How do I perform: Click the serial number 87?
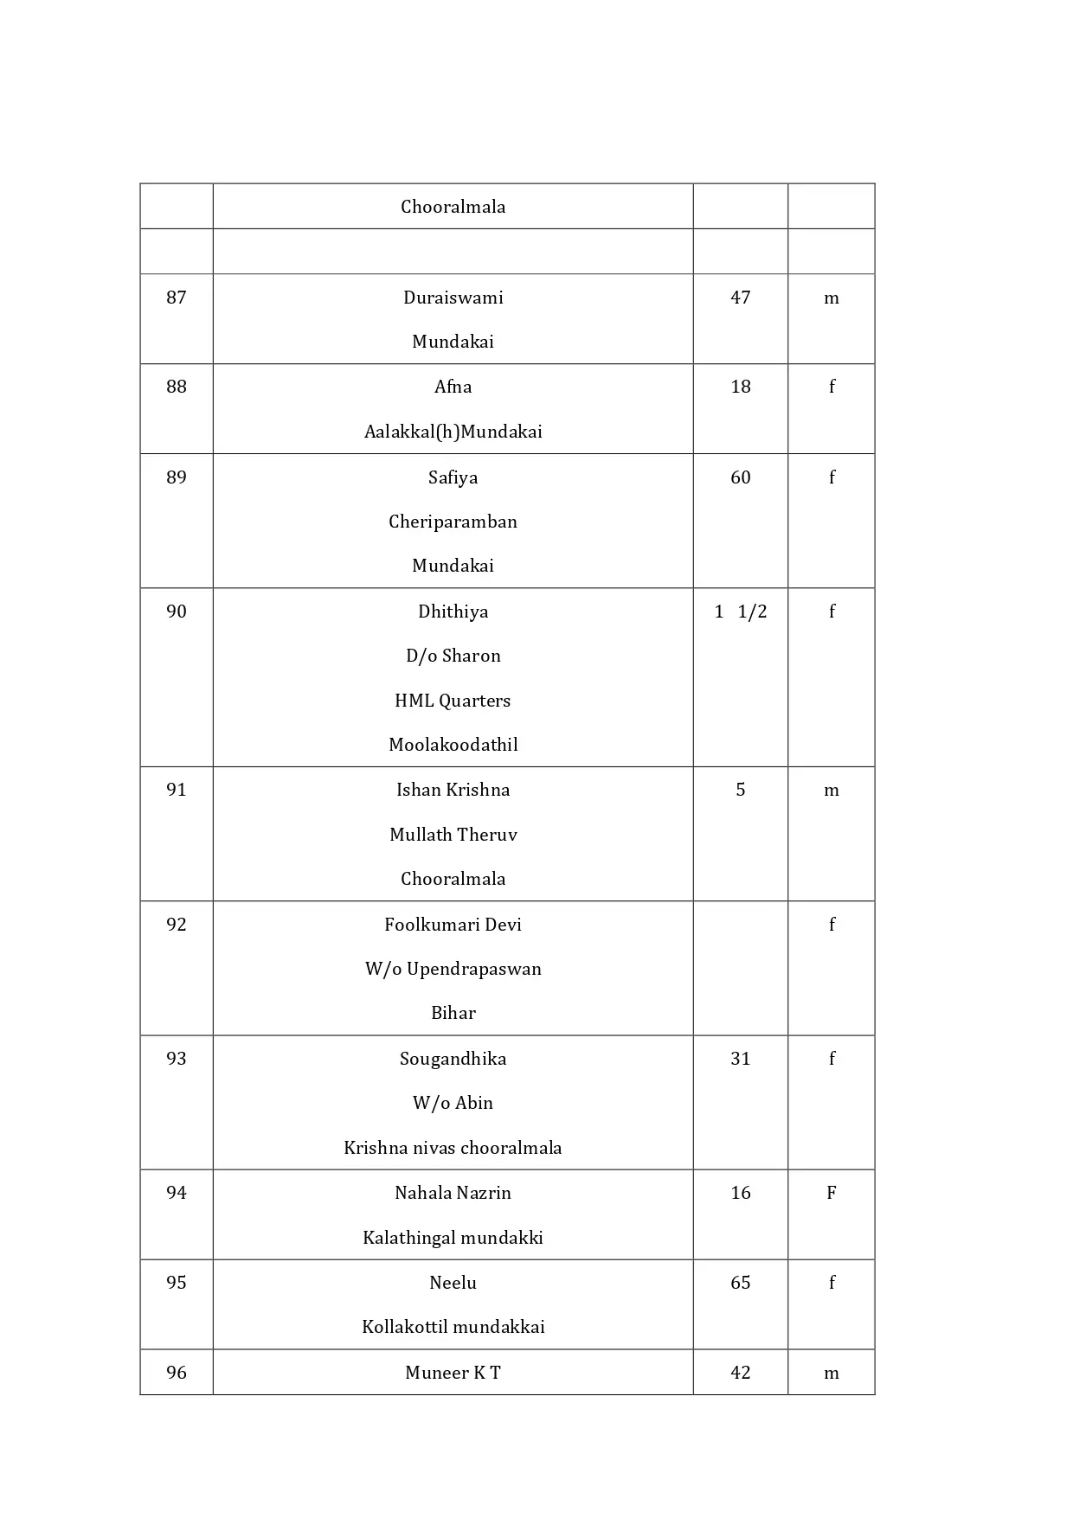tap(176, 298)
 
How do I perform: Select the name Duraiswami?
tap(453, 298)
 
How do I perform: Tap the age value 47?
tap(740, 298)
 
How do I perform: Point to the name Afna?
tap(453, 387)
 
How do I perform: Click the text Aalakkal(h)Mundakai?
tap(453, 432)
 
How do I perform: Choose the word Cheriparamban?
tap(453, 522)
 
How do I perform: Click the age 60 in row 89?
tap(740, 477)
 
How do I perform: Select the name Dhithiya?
tap(453, 612)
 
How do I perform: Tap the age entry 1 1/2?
tap(740, 612)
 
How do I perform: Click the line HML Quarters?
tap(453, 701)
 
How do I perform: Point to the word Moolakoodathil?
tap(453, 745)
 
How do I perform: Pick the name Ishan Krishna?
tap(453, 790)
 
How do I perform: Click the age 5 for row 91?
tap(740, 790)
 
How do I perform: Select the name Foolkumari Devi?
tap(453, 925)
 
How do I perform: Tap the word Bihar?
tap(453, 1013)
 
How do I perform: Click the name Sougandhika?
tap(453, 1059)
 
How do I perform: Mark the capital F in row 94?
tap(831, 1193)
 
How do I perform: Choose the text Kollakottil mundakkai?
tap(453, 1327)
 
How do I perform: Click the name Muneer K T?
tap(453, 1373)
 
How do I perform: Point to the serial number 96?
tap(176, 1373)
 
